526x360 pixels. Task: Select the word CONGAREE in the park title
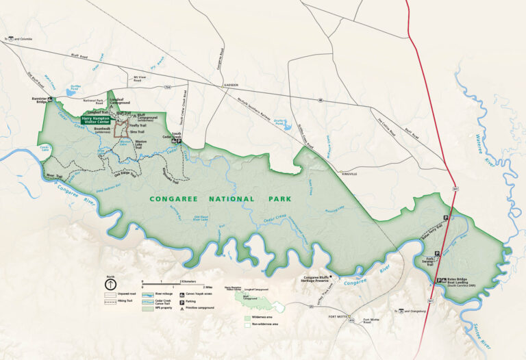(x=177, y=199)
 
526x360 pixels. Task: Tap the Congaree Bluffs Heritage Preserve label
(x=322, y=279)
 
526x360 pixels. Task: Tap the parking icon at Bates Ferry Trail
(x=446, y=217)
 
